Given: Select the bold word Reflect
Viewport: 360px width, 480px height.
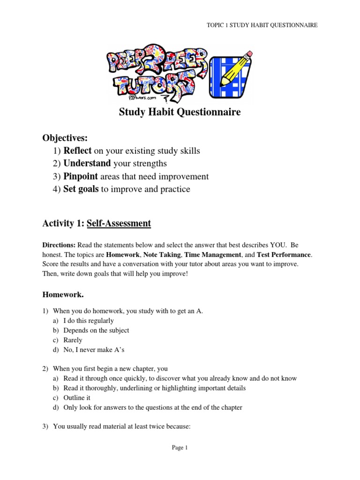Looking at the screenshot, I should [x=78, y=151].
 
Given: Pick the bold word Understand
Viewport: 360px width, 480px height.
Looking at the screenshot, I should [x=87, y=164].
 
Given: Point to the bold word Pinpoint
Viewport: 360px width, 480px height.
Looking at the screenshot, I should [x=81, y=176].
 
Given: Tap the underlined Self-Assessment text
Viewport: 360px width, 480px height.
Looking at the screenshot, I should [x=119, y=224].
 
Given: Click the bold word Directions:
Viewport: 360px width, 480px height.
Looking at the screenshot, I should [x=59, y=245].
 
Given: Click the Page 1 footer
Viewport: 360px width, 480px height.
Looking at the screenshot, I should [x=180, y=448].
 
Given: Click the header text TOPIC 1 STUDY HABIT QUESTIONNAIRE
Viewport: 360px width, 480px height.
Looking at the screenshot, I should [x=262, y=25].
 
